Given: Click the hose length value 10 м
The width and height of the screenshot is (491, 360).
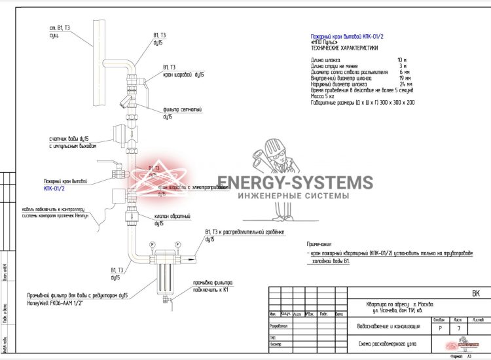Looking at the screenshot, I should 401,60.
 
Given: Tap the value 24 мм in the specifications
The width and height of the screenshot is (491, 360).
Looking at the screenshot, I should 405,84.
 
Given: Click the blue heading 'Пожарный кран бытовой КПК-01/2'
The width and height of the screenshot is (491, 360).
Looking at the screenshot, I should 347,37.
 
